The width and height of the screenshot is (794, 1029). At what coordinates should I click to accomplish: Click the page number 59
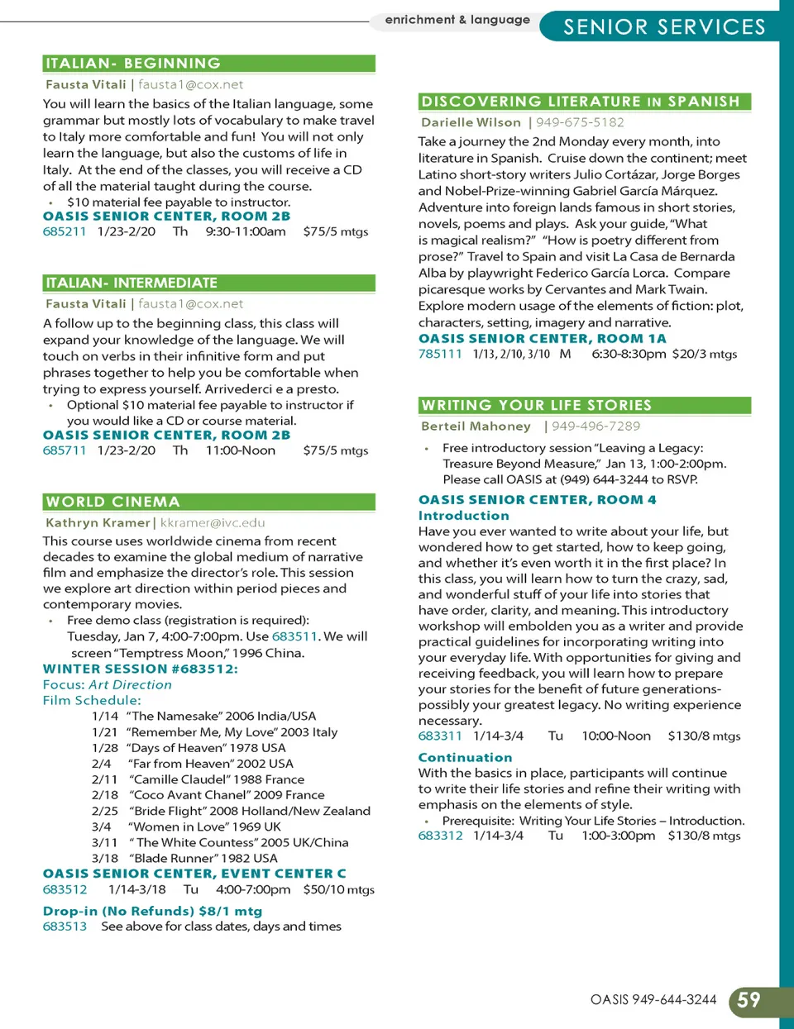click(x=749, y=1001)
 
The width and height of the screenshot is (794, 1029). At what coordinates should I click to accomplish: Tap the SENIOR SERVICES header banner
click(x=664, y=27)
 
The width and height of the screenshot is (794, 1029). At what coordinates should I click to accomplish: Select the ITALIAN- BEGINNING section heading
click(x=133, y=64)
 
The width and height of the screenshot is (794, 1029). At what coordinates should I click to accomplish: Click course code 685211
click(x=65, y=231)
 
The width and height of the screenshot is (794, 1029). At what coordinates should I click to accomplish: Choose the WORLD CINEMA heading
click(x=113, y=502)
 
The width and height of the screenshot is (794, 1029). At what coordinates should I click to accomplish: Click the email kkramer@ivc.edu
click(x=213, y=522)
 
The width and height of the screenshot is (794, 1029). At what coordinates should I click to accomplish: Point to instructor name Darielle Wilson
click(x=471, y=122)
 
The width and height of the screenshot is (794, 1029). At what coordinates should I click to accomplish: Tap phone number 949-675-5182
click(x=580, y=122)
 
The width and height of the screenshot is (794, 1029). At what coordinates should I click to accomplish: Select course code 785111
click(x=440, y=354)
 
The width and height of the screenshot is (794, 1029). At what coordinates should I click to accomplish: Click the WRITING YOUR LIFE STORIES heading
click(x=536, y=405)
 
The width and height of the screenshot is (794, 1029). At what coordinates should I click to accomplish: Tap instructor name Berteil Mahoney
click(x=476, y=426)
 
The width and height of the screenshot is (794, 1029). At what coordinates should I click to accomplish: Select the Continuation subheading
click(x=465, y=757)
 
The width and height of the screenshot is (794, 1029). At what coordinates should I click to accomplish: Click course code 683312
click(x=440, y=836)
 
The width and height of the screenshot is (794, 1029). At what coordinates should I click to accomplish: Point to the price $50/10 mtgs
click(x=338, y=889)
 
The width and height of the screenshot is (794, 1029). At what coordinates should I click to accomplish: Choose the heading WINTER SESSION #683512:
click(x=140, y=669)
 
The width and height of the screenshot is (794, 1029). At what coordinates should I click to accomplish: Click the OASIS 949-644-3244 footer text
click(x=653, y=1000)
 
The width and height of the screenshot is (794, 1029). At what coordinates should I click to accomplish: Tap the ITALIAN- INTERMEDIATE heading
click(x=132, y=283)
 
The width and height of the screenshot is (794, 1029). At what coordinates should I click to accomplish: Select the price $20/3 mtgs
click(x=705, y=354)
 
